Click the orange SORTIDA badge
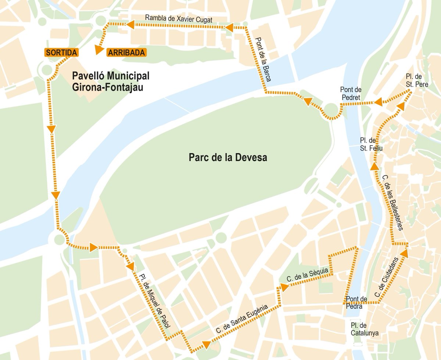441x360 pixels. (61, 53)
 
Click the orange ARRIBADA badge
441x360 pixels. (126, 53)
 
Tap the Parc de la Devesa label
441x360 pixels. (228, 158)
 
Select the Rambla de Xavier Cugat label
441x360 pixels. (179, 19)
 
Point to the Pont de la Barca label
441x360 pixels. (263, 60)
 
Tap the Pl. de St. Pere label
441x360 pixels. (417, 80)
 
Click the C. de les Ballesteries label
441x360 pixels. (393, 202)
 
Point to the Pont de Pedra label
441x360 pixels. (356, 302)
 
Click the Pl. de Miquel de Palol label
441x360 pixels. (154, 300)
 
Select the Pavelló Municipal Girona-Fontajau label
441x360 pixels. (111, 82)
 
